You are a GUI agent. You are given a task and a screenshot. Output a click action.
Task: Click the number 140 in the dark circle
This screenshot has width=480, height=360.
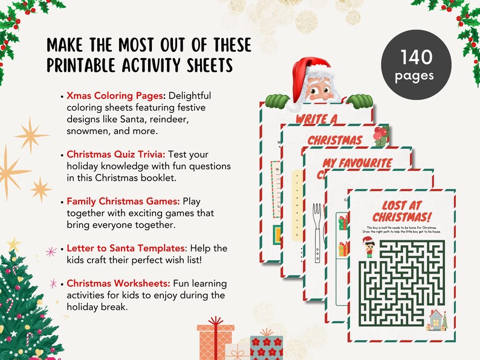click(x=416, y=58)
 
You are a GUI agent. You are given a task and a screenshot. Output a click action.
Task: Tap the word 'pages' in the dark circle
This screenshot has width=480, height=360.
click(x=415, y=77)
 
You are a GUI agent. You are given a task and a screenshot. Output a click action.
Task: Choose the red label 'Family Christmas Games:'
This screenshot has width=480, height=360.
click(x=123, y=201)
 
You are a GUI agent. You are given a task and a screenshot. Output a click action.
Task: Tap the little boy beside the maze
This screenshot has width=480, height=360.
click(x=369, y=248)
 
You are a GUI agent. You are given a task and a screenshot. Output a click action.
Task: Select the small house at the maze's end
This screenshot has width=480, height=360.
click(x=435, y=319)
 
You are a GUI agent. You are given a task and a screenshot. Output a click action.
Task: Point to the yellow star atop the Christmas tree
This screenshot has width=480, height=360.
click(x=13, y=244)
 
